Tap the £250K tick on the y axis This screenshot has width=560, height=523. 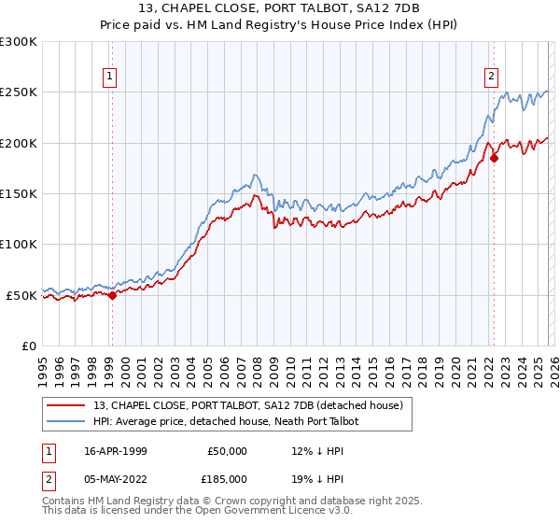[19, 92]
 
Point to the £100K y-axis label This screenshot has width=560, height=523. [19, 244]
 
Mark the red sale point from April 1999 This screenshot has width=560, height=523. [113, 295]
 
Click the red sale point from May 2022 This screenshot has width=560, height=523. [494, 158]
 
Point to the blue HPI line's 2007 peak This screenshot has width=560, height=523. [254, 175]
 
